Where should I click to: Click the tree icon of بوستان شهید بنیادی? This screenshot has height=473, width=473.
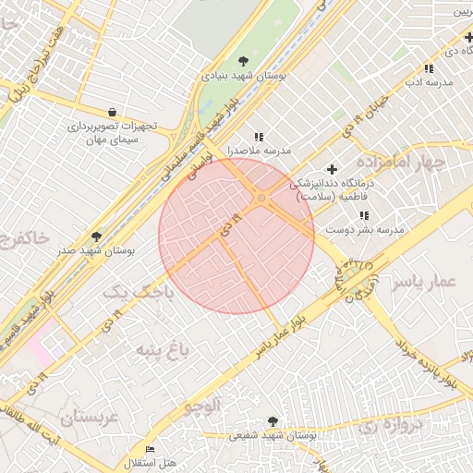pyautogui.click(x=243, y=61)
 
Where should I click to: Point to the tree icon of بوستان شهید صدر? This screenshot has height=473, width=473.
pyautogui.click(x=96, y=237)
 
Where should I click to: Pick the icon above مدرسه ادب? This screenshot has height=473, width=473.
pyautogui.click(x=428, y=69)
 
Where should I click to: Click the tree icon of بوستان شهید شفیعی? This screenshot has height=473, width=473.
pyautogui.click(x=273, y=420)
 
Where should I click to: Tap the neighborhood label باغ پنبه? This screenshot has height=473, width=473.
pyautogui.click(x=163, y=349)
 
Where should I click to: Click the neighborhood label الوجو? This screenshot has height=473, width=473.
pyautogui.click(x=202, y=406)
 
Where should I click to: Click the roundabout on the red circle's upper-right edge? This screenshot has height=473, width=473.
pyautogui.click(x=262, y=199)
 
